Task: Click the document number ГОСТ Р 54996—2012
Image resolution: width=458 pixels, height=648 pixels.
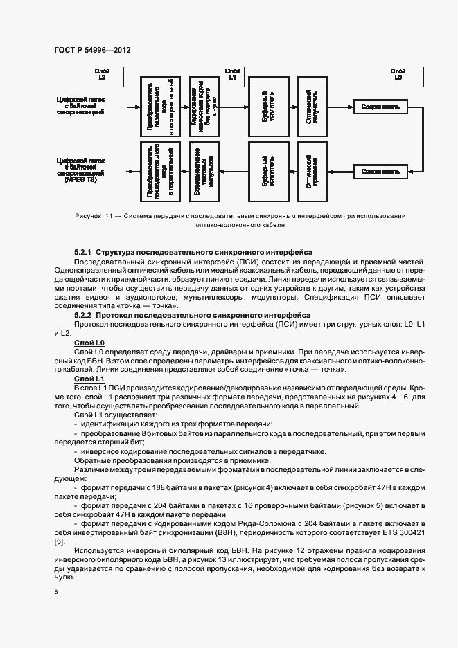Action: coord(92,51)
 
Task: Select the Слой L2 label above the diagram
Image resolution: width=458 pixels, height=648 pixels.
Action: coord(103,74)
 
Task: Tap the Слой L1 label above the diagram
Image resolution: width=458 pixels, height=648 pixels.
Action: coord(234,74)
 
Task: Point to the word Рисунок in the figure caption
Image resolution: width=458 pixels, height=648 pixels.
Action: coord(88,217)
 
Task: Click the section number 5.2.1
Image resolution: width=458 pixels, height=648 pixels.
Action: coord(83,251)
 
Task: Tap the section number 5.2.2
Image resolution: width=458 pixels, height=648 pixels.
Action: coord(83,314)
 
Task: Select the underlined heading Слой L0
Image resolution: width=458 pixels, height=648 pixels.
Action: coord(89,343)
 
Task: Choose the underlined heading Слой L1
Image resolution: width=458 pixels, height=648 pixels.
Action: coord(89,379)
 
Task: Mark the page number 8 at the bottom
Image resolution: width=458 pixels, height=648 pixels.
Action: coord(55,592)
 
